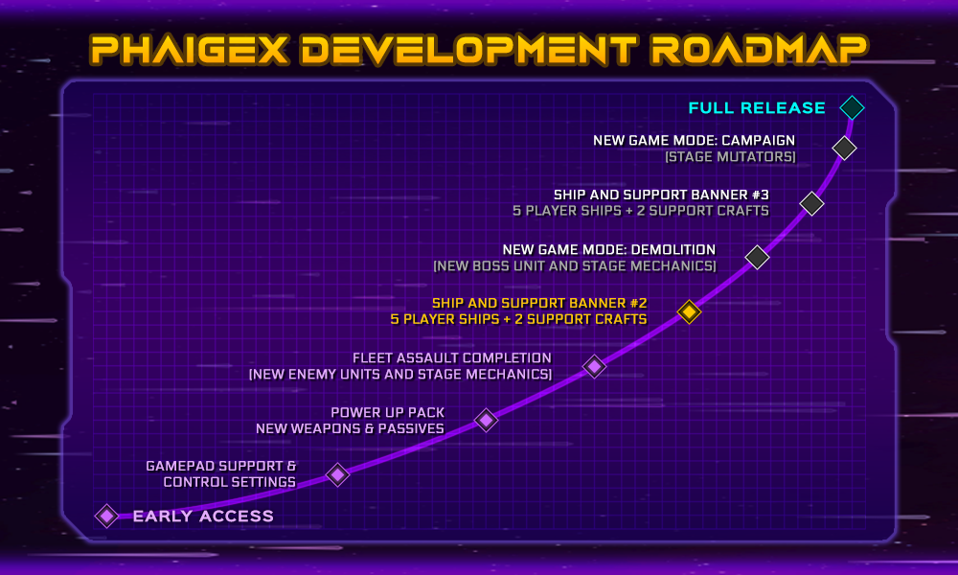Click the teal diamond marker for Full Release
tap(852, 107)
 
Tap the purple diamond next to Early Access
tap(106, 516)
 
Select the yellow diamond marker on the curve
tap(689, 311)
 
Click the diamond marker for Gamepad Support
tap(337, 474)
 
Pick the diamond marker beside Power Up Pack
tap(486, 420)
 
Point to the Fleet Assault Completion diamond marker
tap(594, 366)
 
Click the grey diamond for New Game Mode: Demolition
tap(757, 257)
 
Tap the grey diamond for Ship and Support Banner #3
tap(811, 203)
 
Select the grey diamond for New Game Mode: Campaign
tap(844, 148)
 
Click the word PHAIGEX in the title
tap(190, 50)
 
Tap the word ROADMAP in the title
tap(759, 50)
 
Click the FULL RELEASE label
tap(757, 108)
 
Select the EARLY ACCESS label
tap(203, 517)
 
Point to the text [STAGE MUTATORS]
tap(730, 157)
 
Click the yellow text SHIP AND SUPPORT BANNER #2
tap(538, 303)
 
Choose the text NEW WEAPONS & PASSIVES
tap(350, 428)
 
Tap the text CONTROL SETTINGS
tap(229, 482)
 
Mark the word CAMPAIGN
tap(758, 141)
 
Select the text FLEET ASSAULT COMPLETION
tap(451, 358)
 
